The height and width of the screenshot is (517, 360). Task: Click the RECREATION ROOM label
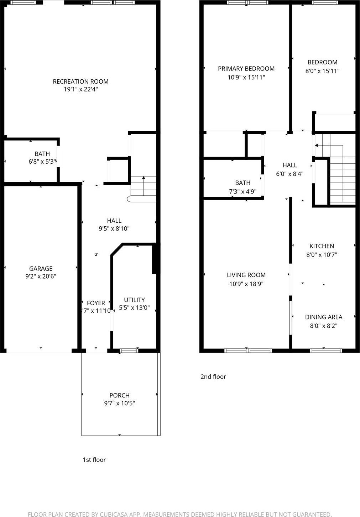[x=80, y=81]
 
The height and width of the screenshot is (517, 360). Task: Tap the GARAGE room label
[x=41, y=269]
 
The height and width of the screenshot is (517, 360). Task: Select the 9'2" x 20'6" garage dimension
[x=41, y=276]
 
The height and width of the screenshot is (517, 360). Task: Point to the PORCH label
[x=119, y=395]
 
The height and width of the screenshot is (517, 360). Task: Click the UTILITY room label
[x=134, y=300]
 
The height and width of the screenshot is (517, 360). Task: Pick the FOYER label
[x=96, y=303]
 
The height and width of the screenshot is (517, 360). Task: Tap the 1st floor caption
[x=94, y=460]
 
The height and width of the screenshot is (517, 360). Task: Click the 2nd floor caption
[x=213, y=376]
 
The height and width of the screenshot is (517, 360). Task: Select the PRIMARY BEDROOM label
[x=246, y=69]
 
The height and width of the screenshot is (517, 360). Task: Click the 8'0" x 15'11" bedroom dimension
[x=322, y=71]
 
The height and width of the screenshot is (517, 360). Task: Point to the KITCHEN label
[x=322, y=246]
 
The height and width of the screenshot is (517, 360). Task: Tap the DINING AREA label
[x=323, y=317]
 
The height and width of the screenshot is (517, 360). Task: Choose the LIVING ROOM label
[x=246, y=275]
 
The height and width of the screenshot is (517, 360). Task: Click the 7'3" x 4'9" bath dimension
[x=242, y=191]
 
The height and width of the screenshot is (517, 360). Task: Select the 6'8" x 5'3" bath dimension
[x=42, y=162]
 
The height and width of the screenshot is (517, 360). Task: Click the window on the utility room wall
[x=129, y=351]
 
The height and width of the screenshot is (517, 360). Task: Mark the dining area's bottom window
[x=326, y=351]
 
